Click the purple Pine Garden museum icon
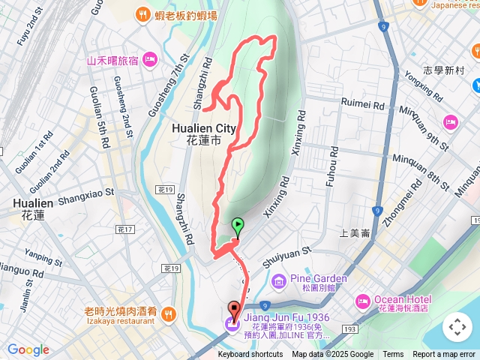[279, 281]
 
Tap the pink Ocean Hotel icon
[364, 301]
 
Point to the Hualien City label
[205, 128]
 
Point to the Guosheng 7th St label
[165, 91]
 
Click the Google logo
[28, 349]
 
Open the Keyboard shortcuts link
[250, 355]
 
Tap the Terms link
[393, 355]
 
